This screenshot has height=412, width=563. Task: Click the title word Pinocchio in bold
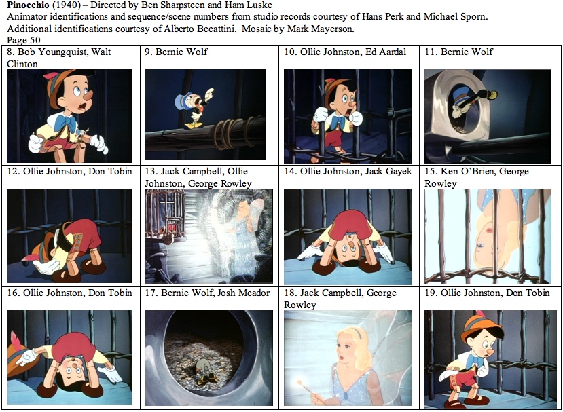(28, 5)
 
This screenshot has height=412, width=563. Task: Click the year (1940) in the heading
(67, 5)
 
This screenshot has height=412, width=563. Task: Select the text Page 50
(24, 40)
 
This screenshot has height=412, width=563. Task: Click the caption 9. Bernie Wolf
(176, 52)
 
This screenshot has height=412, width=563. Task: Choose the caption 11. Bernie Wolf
(458, 52)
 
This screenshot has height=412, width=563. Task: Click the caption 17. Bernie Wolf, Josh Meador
(207, 293)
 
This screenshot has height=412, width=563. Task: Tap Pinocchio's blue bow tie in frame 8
(65, 122)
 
